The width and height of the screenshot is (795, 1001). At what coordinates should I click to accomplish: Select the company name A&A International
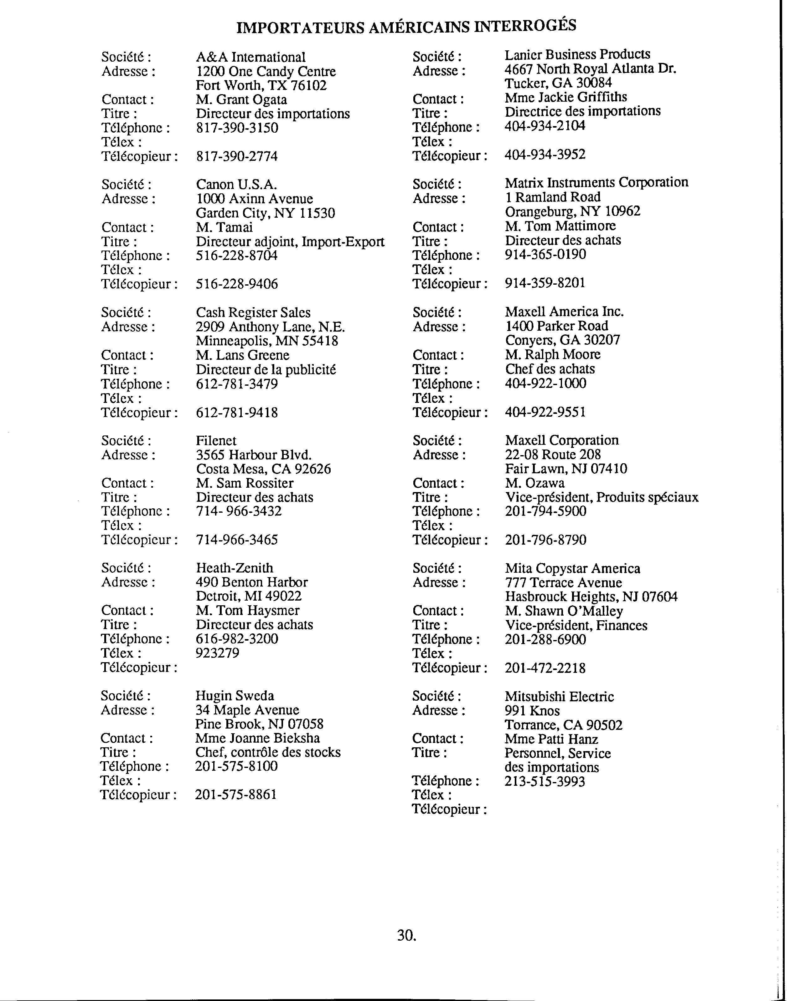pos(250,57)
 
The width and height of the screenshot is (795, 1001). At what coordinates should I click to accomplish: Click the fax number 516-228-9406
pos(237,284)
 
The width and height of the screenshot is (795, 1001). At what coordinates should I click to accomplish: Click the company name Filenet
pos(216,441)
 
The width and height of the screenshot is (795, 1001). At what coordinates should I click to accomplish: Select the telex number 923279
pos(217,653)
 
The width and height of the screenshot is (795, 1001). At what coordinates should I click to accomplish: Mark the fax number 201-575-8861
pos(236,795)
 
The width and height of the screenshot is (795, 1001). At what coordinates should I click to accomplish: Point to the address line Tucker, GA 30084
pos(558,83)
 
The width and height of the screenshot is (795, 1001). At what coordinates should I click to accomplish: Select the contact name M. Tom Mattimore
pos(560,226)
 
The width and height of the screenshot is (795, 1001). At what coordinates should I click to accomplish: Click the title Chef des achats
pos(550,369)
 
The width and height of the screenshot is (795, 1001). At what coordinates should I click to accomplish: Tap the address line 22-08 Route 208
pos(553,455)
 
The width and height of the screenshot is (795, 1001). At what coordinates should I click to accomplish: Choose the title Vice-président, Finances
pos(576,625)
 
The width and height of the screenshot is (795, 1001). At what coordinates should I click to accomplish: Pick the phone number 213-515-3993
pos(545,781)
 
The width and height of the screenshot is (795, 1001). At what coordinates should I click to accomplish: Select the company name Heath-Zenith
pos(235,568)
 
